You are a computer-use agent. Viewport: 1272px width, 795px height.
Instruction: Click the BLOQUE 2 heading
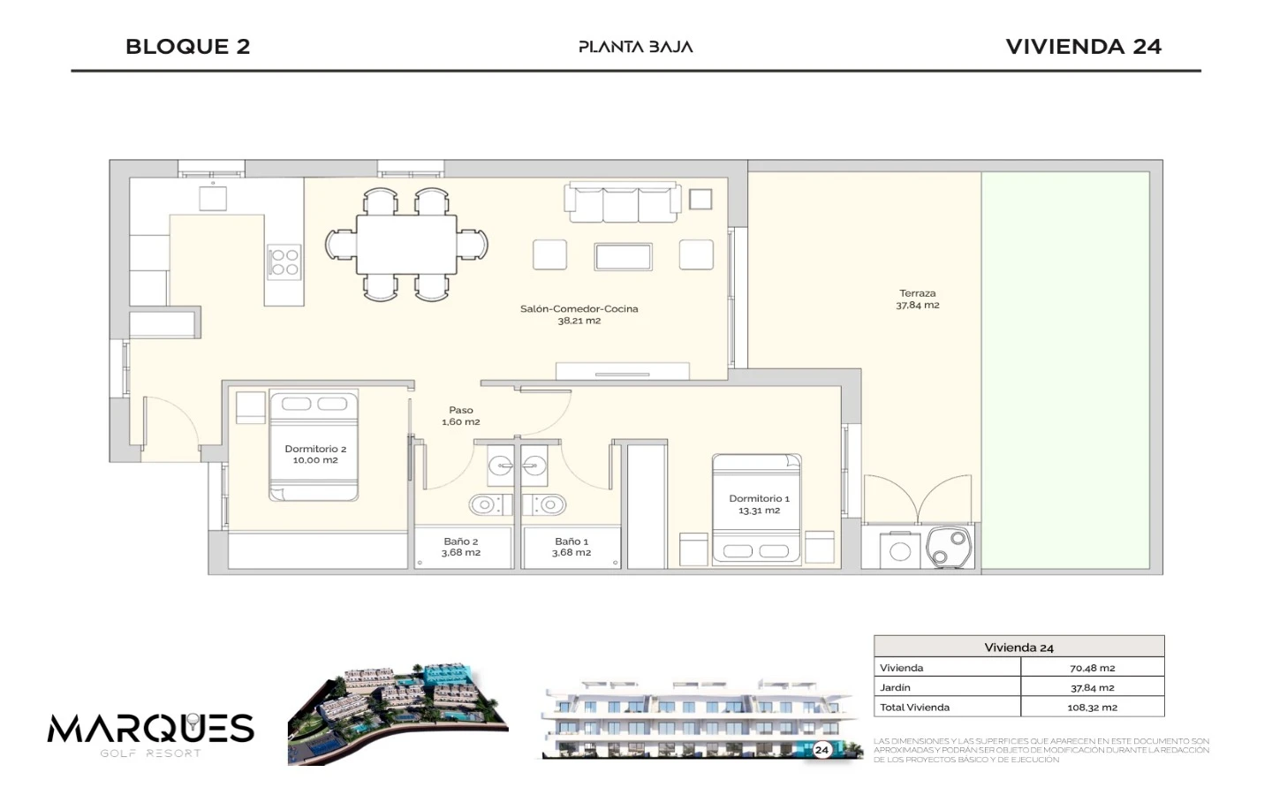[188, 47]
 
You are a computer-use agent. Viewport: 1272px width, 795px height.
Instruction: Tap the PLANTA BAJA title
[635, 47]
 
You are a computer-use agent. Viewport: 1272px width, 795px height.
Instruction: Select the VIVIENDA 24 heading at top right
[1084, 47]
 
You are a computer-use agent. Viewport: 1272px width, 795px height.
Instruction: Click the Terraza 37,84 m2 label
[918, 299]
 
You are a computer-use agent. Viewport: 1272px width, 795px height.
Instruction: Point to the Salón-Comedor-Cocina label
[579, 309]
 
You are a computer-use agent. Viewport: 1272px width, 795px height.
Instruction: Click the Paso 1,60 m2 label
[460, 416]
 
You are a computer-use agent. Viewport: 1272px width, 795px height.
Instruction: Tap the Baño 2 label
[460, 541]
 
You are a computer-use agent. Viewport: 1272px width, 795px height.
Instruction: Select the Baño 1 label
[572, 541]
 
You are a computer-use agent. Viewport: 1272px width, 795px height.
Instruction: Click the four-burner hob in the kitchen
[284, 261]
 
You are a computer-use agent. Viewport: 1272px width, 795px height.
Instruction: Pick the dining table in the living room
[406, 244]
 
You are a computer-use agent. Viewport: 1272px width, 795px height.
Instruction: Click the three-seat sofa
[623, 202]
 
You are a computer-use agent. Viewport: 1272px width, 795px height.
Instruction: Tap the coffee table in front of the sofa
[623, 257]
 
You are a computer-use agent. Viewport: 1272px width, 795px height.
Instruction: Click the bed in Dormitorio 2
[314, 445]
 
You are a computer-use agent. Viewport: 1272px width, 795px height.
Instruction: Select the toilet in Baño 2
[487, 504]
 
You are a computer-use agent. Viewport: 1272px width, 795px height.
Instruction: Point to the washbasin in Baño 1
[534, 466]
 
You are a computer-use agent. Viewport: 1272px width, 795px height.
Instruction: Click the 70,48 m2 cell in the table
[1092, 668]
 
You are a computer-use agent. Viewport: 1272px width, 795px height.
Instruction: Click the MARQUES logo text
[150, 729]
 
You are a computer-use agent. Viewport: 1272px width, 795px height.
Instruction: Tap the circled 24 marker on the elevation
[821, 750]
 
